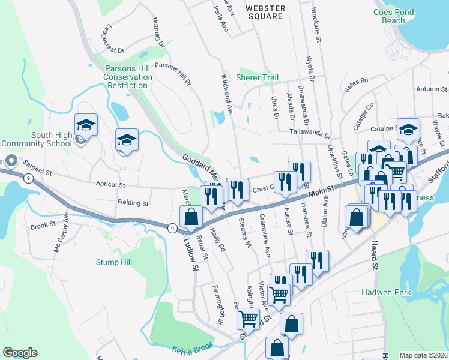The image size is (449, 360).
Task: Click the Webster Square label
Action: [264, 12]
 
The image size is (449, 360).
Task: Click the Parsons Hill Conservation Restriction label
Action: [128, 77]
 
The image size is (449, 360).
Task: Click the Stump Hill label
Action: [113, 262]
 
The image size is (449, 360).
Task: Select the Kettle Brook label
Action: [193, 349]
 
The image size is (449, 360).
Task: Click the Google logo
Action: [20, 353]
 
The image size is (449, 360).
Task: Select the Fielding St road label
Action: [132, 203]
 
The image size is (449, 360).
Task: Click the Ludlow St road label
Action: [191, 254]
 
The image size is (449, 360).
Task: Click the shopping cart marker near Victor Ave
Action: [279, 294]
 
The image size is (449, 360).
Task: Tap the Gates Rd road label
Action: [355, 85]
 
